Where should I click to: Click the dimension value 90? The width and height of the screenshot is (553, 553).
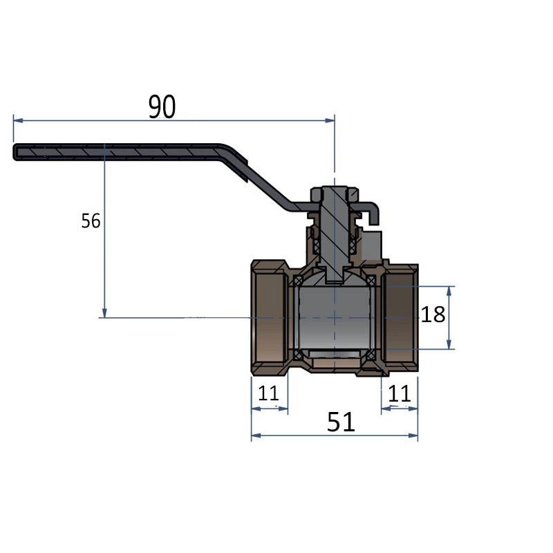(x=162, y=107)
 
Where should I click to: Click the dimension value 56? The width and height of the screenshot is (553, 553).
(x=91, y=221)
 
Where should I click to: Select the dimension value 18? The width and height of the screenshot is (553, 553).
(x=433, y=315)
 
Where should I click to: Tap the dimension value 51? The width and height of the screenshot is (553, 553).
(x=341, y=422)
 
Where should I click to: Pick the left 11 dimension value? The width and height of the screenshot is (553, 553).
(x=268, y=393)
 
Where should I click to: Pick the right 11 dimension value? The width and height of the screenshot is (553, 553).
(x=400, y=393)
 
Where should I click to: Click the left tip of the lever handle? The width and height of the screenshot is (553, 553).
(x=14, y=152)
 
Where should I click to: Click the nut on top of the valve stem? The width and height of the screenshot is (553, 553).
(x=335, y=194)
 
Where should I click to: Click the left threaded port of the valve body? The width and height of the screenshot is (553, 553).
(x=270, y=317)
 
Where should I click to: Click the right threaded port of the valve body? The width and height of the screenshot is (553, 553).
(x=399, y=317)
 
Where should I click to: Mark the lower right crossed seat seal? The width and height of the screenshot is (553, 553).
(x=371, y=355)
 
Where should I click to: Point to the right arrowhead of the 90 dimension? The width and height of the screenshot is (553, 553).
(x=330, y=120)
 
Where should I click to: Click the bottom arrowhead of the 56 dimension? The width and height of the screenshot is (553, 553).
(x=104, y=313)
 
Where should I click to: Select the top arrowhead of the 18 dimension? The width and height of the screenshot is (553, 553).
(x=449, y=291)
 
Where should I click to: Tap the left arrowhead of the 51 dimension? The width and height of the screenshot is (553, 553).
(x=256, y=435)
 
